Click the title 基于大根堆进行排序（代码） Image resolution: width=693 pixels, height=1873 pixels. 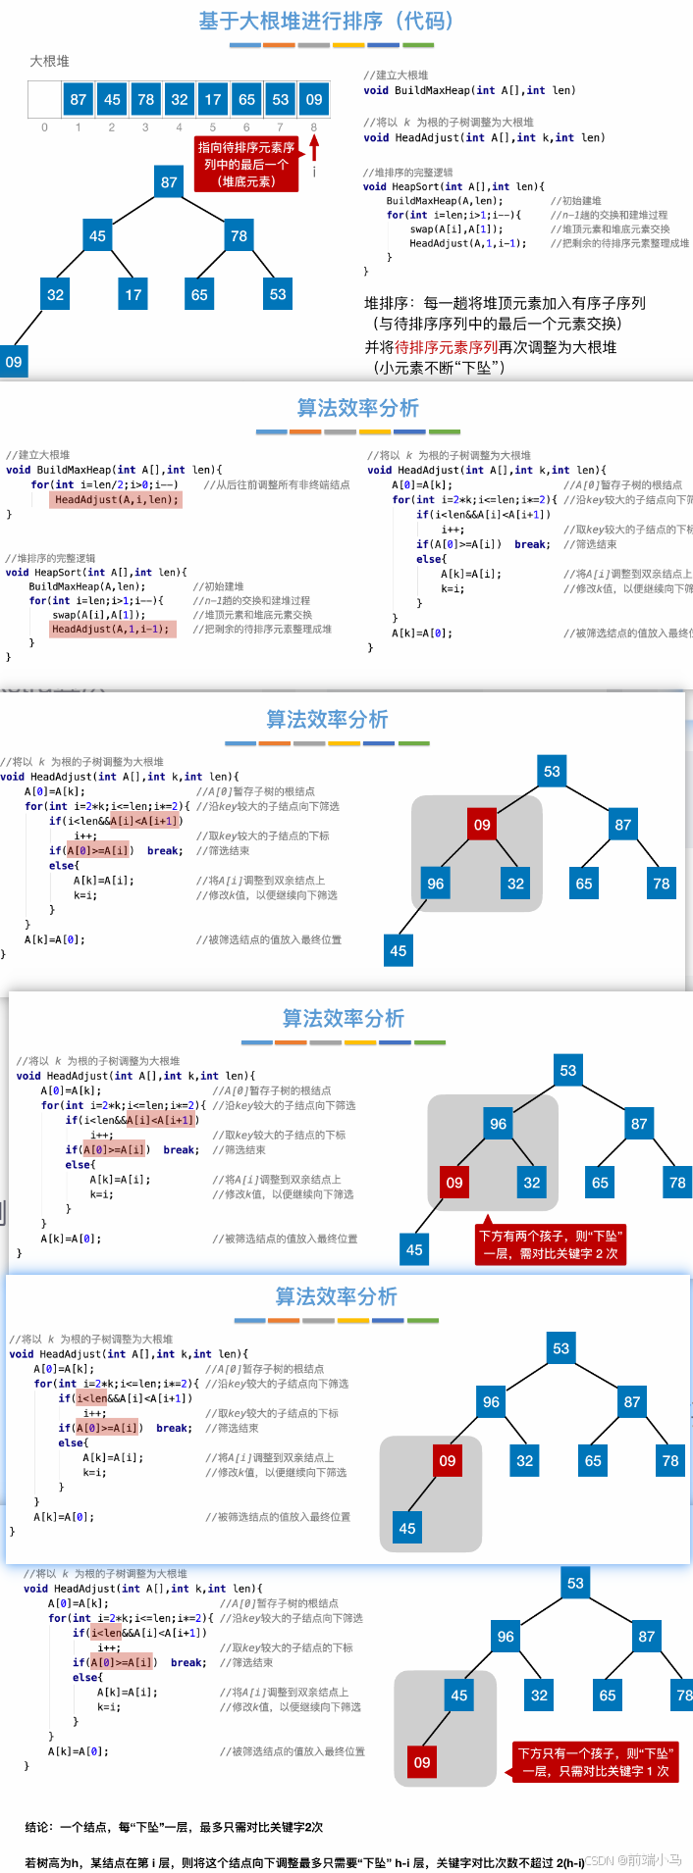(326, 21)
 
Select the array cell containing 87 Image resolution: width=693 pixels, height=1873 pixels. (79, 99)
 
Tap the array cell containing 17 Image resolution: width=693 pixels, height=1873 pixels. (213, 99)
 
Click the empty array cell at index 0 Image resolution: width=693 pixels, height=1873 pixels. (44, 99)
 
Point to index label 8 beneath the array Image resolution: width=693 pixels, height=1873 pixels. (313, 127)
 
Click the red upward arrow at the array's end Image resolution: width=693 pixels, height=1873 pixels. (314, 147)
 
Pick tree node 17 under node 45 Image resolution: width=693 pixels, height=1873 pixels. (133, 293)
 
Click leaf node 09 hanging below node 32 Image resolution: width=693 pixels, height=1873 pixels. (14, 361)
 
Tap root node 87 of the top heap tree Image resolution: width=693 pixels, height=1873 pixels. (169, 181)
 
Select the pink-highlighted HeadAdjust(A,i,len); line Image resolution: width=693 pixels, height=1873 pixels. (117, 499)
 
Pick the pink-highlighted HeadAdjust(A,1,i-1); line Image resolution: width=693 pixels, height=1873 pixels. (113, 629)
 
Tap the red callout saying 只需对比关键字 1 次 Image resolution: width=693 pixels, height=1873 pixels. (595, 1762)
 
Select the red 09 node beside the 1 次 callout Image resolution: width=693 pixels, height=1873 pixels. (422, 1762)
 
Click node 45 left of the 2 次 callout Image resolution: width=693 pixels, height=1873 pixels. (414, 1249)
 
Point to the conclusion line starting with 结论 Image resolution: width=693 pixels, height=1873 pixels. (174, 1827)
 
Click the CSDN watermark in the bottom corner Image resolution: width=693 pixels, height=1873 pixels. (633, 1859)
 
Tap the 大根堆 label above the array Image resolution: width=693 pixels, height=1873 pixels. (50, 61)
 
